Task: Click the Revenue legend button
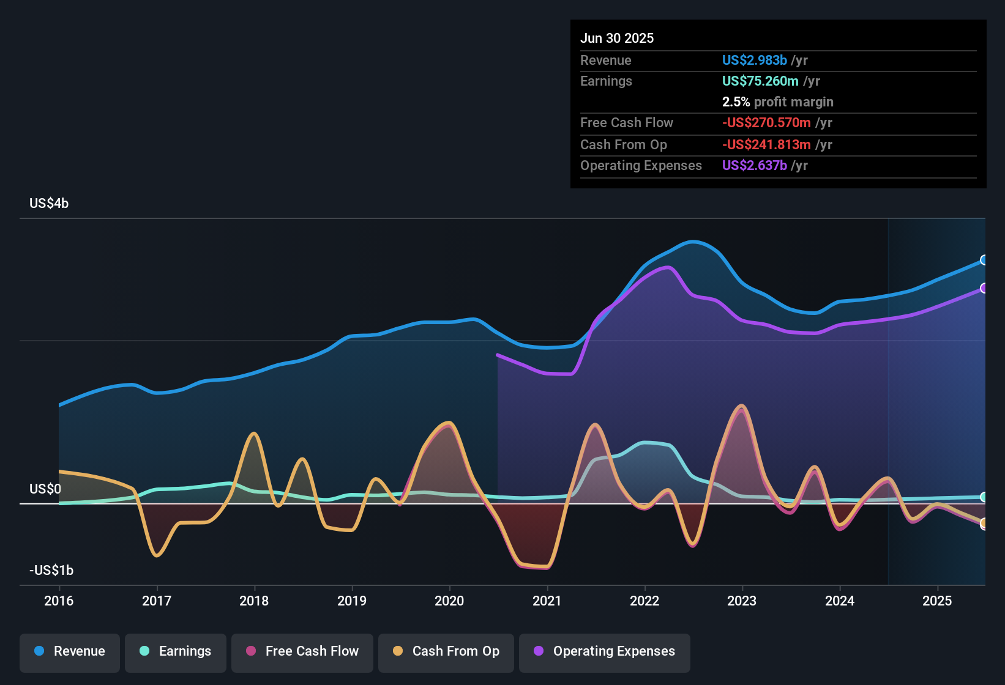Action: [70, 651]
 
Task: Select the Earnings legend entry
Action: [176, 651]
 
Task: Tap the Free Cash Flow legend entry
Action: [302, 651]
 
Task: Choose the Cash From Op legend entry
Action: [446, 651]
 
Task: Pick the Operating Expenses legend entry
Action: [605, 651]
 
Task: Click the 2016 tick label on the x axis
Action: [59, 601]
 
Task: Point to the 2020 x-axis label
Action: [449, 601]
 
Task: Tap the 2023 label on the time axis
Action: [742, 601]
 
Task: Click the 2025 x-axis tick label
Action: [937, 601]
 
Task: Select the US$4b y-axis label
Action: [49, 203]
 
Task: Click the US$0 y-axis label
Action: [45, 489]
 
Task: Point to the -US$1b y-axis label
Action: [51, 570]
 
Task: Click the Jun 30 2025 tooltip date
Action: [617, 38]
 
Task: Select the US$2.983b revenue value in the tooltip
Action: [754, 60]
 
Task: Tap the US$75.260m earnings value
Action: [760, 81]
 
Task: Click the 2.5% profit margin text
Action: [777, 102]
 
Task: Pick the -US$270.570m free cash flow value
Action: [766, 122]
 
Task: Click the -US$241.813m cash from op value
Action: [766, 144]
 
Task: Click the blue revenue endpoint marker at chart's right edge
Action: [984, 260]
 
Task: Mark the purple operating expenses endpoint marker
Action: [984, 288]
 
